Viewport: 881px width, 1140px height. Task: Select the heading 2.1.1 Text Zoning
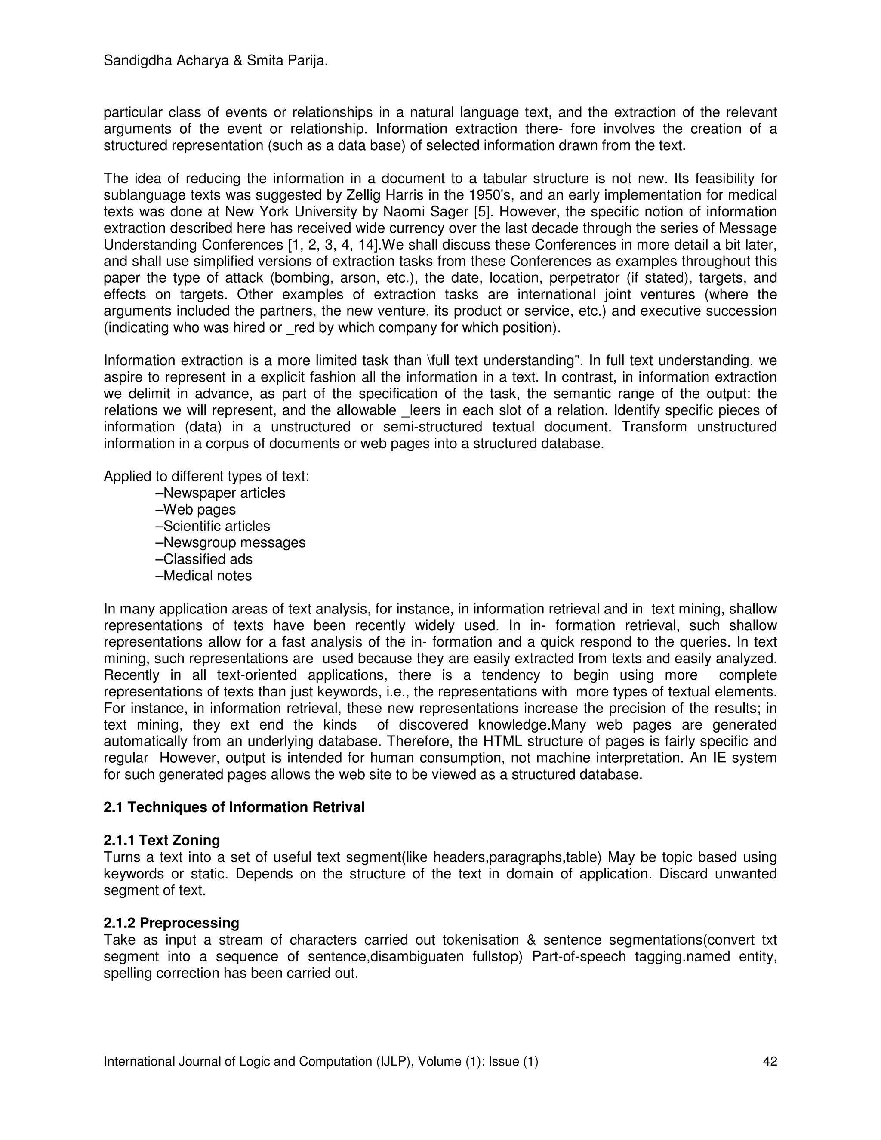pyautogui.click(x=162, y=841)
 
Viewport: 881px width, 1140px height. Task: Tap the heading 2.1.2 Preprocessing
pyautogui.click(x=171, y=923)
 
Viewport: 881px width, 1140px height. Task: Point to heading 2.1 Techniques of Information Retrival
pyautogui.click(x=234, y=807)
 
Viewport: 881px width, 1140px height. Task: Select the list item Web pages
pyautogui.click(x=196, y=509)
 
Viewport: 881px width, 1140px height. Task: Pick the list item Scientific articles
pyautogui.click(x=213, y=526)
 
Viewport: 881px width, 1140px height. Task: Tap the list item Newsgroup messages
pyautogui.click(x=231, y=542)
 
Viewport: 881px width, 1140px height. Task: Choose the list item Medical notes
pyautogui.click(x=203, y=576)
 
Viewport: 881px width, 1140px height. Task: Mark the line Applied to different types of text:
pyautogui.click(x=206, y=476)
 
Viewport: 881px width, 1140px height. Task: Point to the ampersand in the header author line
pyautogui.click(x=237, y=61)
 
